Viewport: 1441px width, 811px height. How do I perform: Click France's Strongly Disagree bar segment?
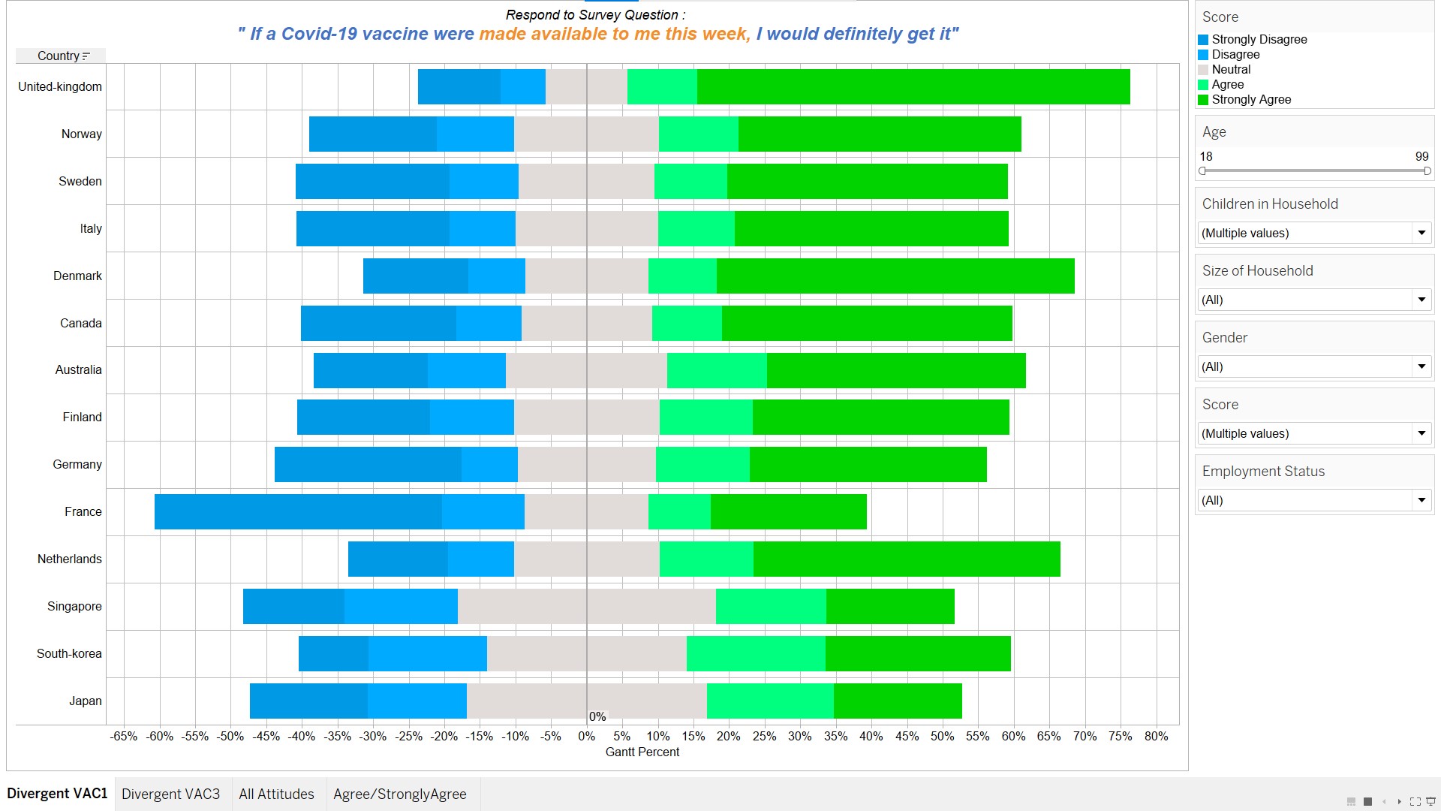[298, 511]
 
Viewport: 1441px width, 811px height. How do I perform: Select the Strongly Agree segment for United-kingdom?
[913, 86]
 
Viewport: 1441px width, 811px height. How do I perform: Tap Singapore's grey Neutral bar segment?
[586, 606]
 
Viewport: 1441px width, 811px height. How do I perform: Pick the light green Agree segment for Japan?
[770, 701]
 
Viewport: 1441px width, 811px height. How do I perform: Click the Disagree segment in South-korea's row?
[427, 653]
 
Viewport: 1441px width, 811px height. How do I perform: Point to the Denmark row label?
[77, 276]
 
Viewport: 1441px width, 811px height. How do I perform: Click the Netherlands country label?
[70, 559]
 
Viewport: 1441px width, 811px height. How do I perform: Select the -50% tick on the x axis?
[230, 736]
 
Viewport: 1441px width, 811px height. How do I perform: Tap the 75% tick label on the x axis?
[1120, 736]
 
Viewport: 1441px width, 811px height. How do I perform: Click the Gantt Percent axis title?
[642, 752]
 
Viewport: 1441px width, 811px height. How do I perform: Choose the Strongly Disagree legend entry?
[1259, 39]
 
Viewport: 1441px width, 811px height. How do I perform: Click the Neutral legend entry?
[1231, 69]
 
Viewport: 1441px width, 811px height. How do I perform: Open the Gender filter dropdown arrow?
[1421, 366]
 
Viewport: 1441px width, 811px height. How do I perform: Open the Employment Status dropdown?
[1421, 500]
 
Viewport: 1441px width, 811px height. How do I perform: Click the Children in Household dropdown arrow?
[1421, 233]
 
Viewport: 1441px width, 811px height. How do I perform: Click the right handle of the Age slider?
[1427, 171]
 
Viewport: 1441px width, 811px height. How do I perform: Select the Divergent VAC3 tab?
[171, 794]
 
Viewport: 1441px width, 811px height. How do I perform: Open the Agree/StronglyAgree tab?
[399, 794]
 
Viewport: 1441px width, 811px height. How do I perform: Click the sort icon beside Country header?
[86, 56]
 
